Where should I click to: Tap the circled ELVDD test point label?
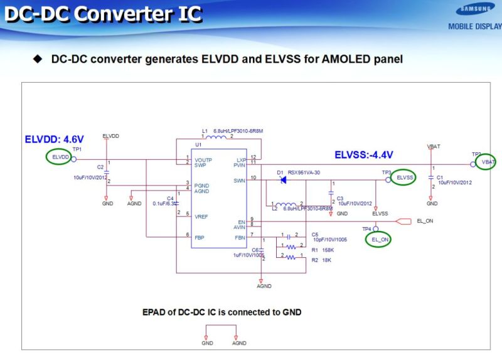click(59, 157)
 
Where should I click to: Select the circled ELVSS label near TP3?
click(405, 178)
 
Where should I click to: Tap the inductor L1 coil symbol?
click(216, 137)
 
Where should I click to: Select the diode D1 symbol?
click(282, 179)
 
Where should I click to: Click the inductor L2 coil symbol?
click(287, 204)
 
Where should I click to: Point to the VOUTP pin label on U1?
click(204, 160)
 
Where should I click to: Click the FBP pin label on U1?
click(200, 237)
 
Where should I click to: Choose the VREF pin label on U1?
click(201, 216)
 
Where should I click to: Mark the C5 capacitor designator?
click(315, 234)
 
